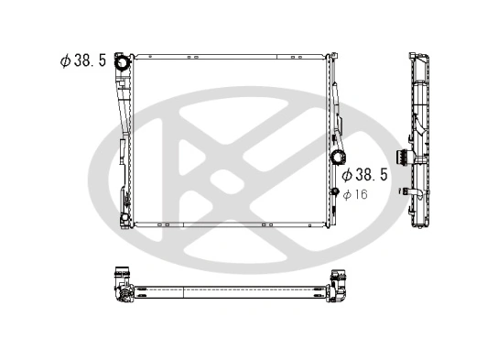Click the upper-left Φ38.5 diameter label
tap(83, 60)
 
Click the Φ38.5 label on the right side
tap(365, 174)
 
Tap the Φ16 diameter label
tap(355, 193)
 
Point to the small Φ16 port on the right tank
tap(335, 191)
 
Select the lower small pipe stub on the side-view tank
tap(404, 191)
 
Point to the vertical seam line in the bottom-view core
tap(185, 291)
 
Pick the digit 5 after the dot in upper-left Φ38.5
tap(102, 60)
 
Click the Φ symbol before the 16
tap(348, 193)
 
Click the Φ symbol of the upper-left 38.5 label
tap(65, 60)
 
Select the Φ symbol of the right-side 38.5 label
tap(347, 174)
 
